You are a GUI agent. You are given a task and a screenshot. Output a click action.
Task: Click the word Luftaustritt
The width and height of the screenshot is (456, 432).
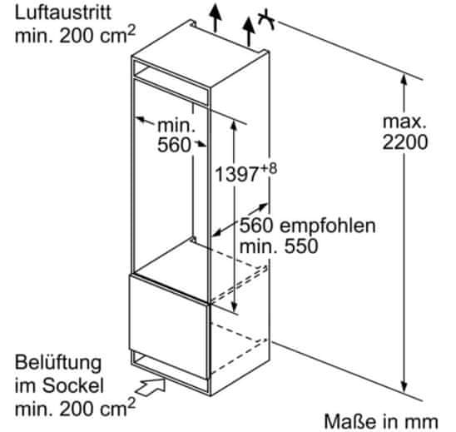pyautogui.click(x=62, y=12)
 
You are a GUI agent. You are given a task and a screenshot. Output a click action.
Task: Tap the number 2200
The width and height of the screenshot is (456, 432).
pyautogui.click(x=404, y=142)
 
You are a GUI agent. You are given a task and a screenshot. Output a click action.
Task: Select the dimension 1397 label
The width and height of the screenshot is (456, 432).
pyautogui.click(x=236, y=175)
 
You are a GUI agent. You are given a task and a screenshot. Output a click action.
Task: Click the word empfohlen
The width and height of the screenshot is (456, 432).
pyautogui.click(x=328, y=226)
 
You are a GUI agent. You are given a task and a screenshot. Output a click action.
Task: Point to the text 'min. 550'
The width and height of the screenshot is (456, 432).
pyautogui.click(x=278, y=246)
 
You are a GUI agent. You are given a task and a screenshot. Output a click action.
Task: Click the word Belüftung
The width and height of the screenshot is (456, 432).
pyautogui.click(x=58, y=364)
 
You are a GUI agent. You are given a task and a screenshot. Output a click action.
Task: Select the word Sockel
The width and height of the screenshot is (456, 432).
pyautogui.click(x=72, y=385)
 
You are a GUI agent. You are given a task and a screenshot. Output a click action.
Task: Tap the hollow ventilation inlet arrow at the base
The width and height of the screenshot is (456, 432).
pyautogui.click(x=151, y=387)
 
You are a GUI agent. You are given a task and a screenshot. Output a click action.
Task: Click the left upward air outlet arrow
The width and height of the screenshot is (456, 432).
pyautogui.click(x=216, y=17)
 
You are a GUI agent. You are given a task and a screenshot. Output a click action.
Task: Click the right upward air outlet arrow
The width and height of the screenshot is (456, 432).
pyautogui.click(x=249, y=32)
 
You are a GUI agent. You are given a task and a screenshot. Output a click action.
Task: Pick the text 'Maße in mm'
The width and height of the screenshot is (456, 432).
pyautogui.click(x=381, y=421)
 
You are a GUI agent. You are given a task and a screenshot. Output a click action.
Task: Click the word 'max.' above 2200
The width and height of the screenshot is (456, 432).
pyautogui.click(x=404, y=122)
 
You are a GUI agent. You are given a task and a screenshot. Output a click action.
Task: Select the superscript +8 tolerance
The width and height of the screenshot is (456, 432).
pyautogui.click(x=268, y=169)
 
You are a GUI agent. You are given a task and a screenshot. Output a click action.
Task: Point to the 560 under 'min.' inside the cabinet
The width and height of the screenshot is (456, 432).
pyautogui.click(x=174, y=145)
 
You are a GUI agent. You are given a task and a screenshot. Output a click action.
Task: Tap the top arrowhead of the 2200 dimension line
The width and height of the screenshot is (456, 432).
pyautogui.click(x=404, y=79)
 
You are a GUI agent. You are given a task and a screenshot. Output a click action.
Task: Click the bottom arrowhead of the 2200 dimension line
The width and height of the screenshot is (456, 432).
pyautogui.click(x=404, y=387)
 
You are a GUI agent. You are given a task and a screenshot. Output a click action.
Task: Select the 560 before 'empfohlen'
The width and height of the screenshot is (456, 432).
pyautogui.click(x=256, y=226)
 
